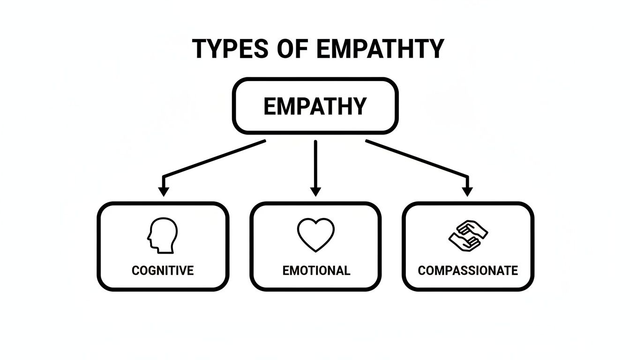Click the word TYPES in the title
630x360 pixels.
[231, 48]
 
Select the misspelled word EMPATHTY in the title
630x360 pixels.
[380, 48]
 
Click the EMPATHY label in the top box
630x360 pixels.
[315, 106]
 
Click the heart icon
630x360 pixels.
[315, 235]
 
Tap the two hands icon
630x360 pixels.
[468, 236]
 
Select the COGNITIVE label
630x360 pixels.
[163, 270]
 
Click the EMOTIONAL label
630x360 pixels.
[316, 270]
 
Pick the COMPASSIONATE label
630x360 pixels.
[468, 270]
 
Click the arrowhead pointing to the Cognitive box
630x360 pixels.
[163, 191]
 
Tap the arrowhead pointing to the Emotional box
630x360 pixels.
[315, 191]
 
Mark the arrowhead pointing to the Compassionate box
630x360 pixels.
[467, 191]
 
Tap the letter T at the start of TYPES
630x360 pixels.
[200, 48]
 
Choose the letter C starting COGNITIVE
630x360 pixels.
[136, 270]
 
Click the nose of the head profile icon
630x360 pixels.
[149, 237]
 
